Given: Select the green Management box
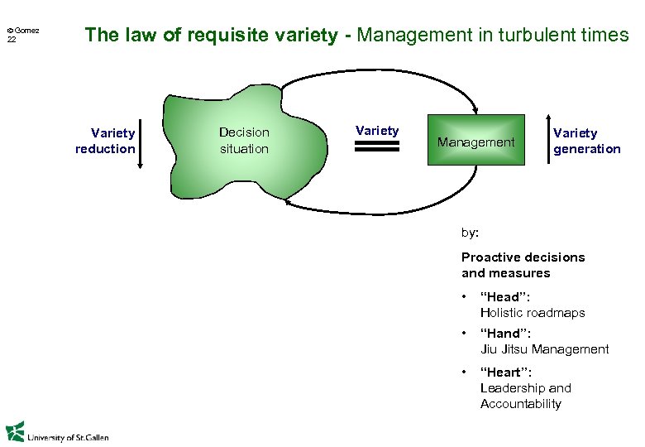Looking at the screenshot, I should pyautogui.click(x=475, y=142).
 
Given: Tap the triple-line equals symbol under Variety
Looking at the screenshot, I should pyautogui.click(x=376, y=147).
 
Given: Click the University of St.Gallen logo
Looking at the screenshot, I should pyautogui.click(x=57, y=433).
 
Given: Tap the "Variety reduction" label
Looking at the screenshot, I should pyautogui.click(x=105, y=141).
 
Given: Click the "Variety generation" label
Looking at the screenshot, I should pyautogui.click(x=586, y=141).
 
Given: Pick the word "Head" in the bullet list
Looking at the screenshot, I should pyautogui.click(x=504, y=297).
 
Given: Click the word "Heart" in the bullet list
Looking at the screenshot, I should pyautogui.click(x=505, y=372).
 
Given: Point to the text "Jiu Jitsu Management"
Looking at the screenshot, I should pyautogui.click(x=544, y=349).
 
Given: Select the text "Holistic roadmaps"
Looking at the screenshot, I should pyautogui.click(x=532, y=313).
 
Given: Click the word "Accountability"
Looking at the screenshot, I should pyautogui.click(x=520, y=404).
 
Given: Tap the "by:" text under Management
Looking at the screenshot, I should pyautogui.click(x=469, y=233).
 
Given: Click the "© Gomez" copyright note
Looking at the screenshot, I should pyautogui.click(x=23, y=30).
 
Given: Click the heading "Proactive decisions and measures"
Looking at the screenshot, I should pyautogui.click(x=523, y=265).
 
